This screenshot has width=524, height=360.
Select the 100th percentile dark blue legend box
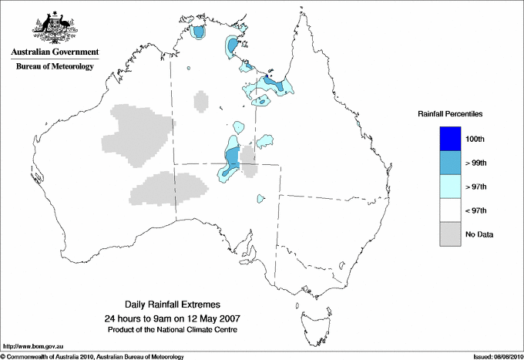coord(450,139)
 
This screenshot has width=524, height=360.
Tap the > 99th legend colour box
coord(450,163)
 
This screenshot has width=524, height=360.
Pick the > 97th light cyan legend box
coord(450,187)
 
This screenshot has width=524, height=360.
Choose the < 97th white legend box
coord(450,210)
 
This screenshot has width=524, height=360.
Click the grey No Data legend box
coord(450,234)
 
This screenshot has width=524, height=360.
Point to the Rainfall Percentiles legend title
coord(450,113)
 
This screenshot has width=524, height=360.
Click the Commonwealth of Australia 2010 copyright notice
coord(92,356)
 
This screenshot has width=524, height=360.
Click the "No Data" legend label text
coord(479,234)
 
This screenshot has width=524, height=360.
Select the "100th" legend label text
coord(475,139)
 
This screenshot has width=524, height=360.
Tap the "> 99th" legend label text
coord(477,163)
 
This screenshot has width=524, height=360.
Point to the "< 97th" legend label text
coord(477,210)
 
